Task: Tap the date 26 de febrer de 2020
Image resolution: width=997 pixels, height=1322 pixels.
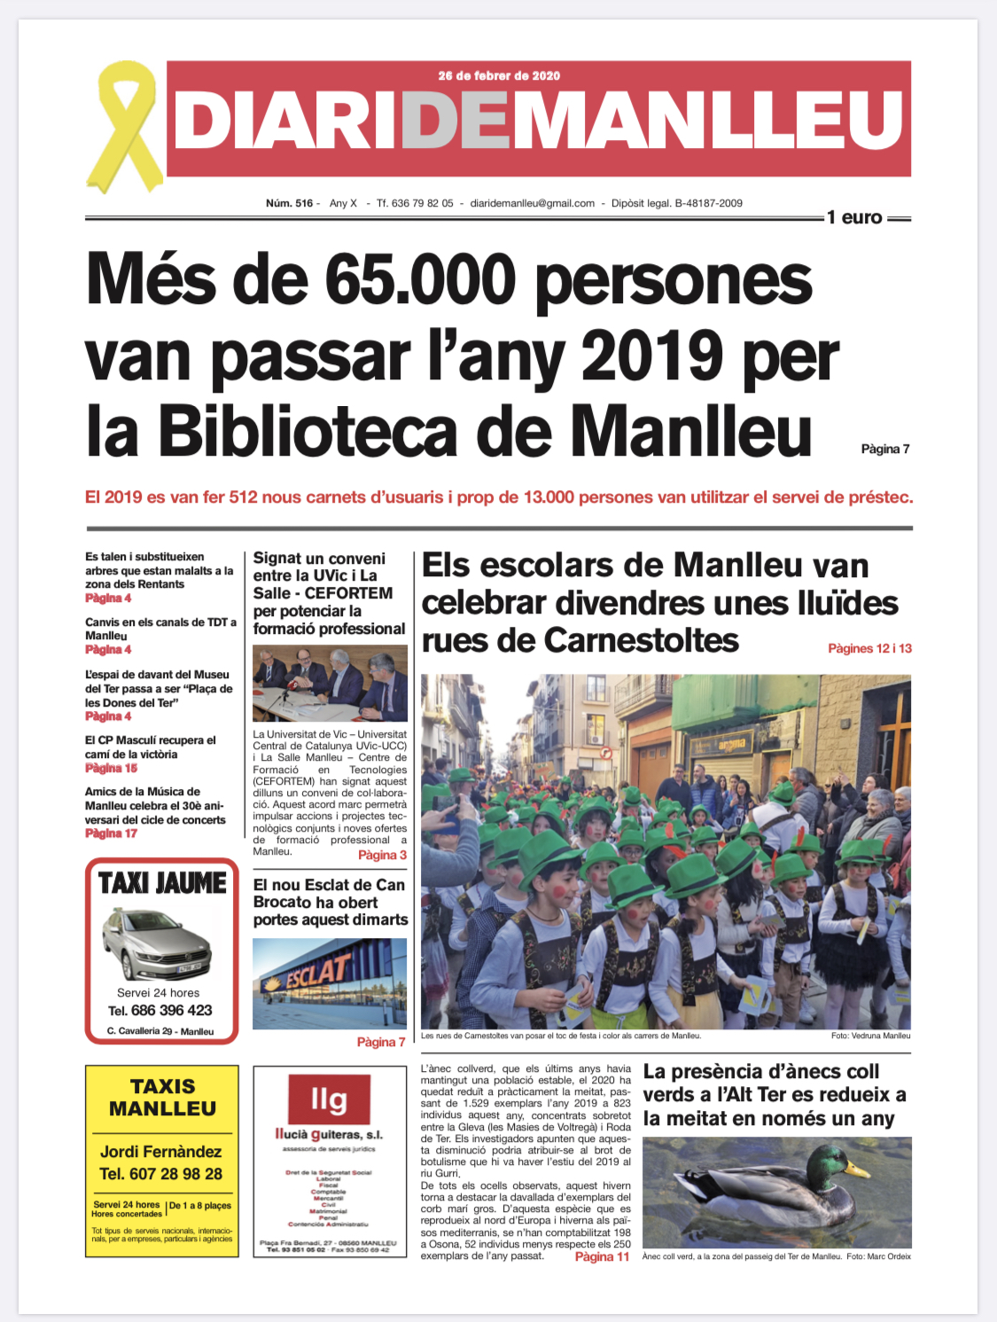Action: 499,75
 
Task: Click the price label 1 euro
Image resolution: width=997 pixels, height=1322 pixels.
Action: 854,217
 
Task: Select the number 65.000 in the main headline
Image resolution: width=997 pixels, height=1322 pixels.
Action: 420,279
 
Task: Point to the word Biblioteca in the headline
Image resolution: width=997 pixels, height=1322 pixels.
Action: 309,432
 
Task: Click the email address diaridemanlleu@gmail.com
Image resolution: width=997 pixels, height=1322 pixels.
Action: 532,203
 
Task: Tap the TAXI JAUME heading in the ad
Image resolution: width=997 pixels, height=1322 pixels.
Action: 162,883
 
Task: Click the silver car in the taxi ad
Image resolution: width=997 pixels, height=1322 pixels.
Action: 157,944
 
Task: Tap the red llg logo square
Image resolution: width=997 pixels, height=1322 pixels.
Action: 329,1099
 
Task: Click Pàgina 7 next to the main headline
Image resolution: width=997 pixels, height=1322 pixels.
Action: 885,449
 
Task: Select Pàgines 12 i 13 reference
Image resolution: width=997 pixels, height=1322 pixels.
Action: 869,648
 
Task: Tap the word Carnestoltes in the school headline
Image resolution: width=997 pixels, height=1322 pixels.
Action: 641,640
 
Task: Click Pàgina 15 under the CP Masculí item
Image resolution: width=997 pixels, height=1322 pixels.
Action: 112,769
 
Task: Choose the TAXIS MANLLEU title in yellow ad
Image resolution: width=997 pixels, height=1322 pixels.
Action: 162,1098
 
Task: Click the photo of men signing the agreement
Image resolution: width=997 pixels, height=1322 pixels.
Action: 330,683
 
